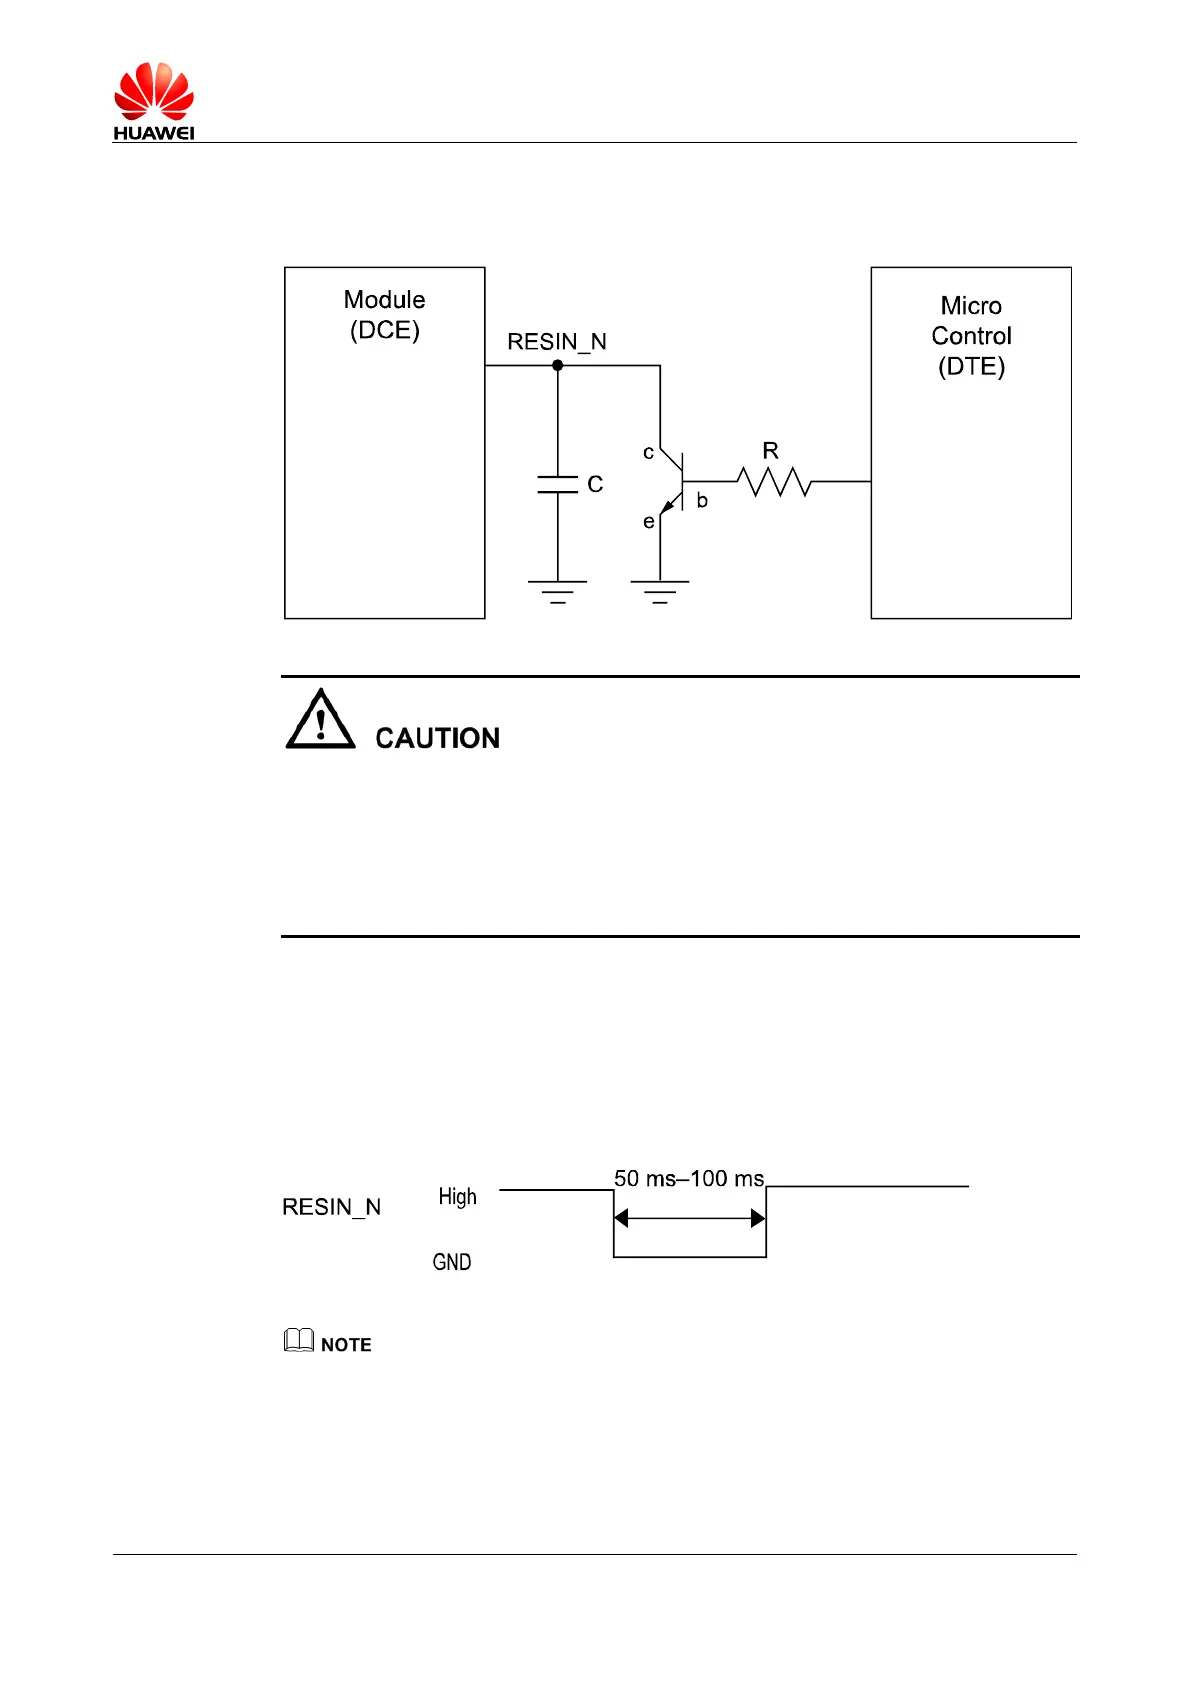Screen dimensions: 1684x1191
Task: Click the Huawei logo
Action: [x=153, y=101]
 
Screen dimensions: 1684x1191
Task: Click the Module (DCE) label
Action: [x=384, y=314]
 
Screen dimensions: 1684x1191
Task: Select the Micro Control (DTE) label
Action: [x=971, y=336]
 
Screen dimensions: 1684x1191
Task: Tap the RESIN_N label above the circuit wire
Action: [x=557, y=342]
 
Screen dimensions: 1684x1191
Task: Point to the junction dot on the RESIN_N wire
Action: [x=558, y=366]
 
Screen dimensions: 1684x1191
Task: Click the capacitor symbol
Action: [x=558, y=485]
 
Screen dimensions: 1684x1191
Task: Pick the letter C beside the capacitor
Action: [x=595, y=485]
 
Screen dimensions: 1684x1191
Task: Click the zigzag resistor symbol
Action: [x=774, y=482]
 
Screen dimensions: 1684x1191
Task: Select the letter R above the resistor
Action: [x=770, y=451]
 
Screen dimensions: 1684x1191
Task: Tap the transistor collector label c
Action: [x=648, y=453]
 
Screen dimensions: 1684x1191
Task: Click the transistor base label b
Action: [x=702, y=501]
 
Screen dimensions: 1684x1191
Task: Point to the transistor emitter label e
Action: [x=648, y=522]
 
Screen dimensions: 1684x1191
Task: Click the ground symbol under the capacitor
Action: [x=558, y=592]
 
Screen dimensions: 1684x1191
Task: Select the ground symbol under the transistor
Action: [x=660, y=592]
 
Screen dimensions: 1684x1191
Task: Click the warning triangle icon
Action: [x=320, y=720]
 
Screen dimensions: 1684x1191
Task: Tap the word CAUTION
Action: [x=437, y=738]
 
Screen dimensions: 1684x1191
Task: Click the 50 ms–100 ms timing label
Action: [x=689, y=1179]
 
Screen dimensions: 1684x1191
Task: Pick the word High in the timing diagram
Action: [x=457, y=1197]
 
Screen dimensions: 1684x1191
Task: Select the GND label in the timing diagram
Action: [x=452, y=1262]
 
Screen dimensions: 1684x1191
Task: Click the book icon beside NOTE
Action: [x=299, y=1341]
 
